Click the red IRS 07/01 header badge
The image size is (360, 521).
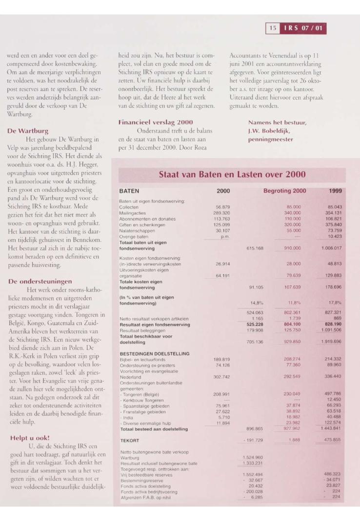[x=302, y=29]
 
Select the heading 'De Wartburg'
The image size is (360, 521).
[x=27, y=131]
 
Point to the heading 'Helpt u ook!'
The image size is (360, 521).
[x=29, y=438]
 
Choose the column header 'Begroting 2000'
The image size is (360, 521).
[x=285, y=191]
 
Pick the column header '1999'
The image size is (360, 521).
[x=335, y=191]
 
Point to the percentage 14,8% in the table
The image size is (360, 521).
[x=258, y=303]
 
